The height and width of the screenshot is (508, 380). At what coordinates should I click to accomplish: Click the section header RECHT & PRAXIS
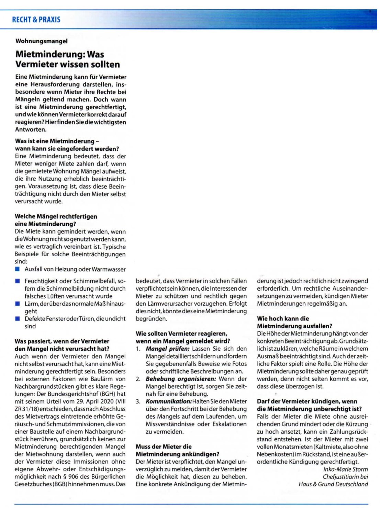[36, 20]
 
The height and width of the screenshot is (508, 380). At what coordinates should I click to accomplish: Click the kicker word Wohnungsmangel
[41, 41]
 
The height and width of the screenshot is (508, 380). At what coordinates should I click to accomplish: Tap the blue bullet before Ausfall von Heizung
[18, 269]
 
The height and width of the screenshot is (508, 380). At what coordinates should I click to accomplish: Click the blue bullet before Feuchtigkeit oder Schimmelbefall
[18, 281]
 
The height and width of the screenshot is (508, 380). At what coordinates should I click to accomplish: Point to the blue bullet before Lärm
[18, 304]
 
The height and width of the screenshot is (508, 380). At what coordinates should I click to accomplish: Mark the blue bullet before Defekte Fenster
[18, 318]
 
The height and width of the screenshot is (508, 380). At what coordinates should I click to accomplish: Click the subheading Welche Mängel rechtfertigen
[56, 216]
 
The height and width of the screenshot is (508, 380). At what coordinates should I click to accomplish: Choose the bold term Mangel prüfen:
[167, 349]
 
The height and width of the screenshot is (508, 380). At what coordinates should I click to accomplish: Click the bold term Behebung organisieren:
[181, 379]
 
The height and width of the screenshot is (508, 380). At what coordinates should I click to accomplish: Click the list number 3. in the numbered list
[138, 401]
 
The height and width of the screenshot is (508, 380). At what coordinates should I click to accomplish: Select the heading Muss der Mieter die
[164, 447]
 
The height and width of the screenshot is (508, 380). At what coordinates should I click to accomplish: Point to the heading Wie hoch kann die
[283, 318]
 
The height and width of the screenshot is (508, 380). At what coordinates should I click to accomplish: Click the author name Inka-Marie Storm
[345, 469]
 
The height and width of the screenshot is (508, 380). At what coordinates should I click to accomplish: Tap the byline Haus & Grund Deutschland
[333, 484]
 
